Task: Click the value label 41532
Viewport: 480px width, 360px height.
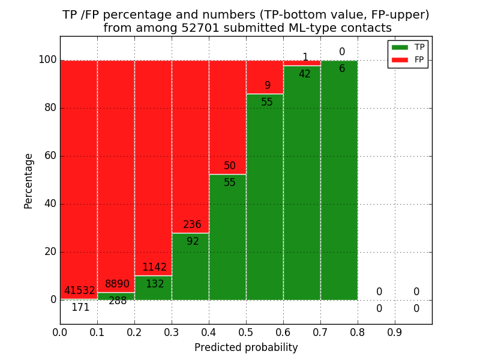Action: [80, 291]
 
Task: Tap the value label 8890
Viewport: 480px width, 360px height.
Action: [117, 284]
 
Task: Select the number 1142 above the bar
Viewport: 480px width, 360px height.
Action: [154, 268]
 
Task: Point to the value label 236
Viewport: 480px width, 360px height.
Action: [192, 225]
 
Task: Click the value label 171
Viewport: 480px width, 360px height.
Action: [80, 308]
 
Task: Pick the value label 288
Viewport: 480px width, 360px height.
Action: [118, 301]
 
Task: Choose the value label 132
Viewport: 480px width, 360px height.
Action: [155, 284]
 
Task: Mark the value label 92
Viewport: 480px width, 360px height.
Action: [193, 242]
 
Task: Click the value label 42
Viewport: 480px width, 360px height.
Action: [305, 74]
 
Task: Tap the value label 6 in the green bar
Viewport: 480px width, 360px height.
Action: [342, 69]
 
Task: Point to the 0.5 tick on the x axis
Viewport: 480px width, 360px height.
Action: [246, 331]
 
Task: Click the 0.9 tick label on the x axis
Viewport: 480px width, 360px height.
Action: [395, 331]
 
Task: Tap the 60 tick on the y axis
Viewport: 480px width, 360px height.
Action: [50, 156]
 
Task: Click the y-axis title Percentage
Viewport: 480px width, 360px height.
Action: [29, 181]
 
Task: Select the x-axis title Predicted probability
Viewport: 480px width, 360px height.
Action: [246, 347]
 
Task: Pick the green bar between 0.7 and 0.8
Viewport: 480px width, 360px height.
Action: [339, 192]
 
